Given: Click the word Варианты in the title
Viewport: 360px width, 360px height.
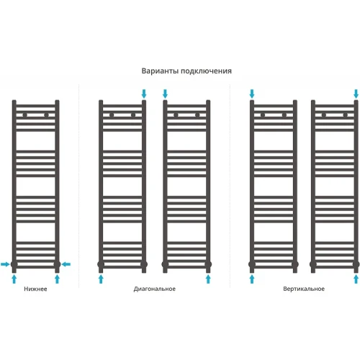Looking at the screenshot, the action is click(x=160, y=71).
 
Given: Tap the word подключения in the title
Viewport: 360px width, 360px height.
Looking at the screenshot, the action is click(x=206, y=71).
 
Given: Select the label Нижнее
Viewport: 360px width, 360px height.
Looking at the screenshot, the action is click(x=35, y=289).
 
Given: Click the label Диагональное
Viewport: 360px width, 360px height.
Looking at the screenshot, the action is click(x=155, y=289).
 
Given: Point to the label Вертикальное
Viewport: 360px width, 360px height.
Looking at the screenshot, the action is click(x=304, y=289).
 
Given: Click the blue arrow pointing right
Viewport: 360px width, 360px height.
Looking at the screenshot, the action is click(x=5, y=264).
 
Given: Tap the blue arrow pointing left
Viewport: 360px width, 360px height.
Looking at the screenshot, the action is click(x=66, y=264).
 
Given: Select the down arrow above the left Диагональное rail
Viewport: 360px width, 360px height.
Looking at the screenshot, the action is click(x=144, y=94).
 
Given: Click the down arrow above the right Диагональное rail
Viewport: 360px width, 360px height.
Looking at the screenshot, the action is click(x=165, y=94).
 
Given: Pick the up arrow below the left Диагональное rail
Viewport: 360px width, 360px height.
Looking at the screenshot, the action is click(x=101, y=279).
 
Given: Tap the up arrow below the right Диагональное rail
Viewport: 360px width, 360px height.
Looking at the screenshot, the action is click(x=208, y=279).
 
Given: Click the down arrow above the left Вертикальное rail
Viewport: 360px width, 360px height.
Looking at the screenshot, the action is click(x=252, y=94).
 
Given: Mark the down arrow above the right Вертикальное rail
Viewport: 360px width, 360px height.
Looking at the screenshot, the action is click(x=356, y=94).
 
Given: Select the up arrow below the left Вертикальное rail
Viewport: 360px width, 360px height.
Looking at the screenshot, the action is click(x=252, y=279).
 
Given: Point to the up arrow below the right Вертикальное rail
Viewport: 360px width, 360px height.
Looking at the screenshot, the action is click(x=356, y=279).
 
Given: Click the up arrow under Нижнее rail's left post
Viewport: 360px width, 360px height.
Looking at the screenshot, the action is click(x=14, y=279).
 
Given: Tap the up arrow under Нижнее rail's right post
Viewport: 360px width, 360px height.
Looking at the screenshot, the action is click(x=57, y=279).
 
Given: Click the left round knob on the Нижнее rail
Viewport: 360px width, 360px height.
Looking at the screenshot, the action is click(x=25, y=115).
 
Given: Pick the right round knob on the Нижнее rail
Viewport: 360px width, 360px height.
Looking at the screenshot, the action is click(x=47, y=115).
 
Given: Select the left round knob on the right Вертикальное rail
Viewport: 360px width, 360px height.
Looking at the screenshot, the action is click(x=324, y=115).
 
